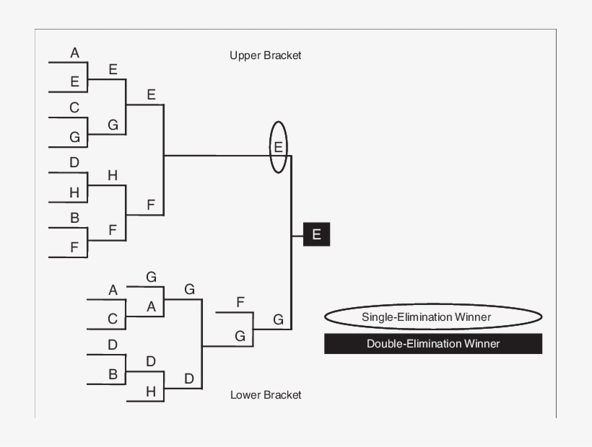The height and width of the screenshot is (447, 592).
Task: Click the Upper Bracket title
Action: click(265, 56)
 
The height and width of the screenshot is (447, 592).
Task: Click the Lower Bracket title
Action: click(266, 394)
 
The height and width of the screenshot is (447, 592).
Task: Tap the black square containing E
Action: click(316, 234)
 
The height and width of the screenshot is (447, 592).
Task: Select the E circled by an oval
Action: click(278, 147)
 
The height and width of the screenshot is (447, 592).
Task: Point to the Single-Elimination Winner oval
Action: click(432, 317)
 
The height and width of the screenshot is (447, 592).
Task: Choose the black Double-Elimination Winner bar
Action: click(432, 343)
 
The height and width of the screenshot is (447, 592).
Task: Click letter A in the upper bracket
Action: click(74, 53)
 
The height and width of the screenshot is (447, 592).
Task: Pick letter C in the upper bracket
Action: click(74, 108)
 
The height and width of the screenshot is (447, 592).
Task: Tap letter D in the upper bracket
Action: click(74, 163)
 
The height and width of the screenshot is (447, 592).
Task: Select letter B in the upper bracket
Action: click(74, 218)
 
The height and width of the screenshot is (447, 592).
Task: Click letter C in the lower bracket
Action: click(113, 318)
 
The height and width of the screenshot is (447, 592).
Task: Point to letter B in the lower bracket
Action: click(113, 374)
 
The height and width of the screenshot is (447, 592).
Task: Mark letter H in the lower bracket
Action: click(151, 391)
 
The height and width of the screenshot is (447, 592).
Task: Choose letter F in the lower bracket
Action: click(240, 302)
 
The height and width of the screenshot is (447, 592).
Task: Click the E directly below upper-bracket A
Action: click(74, 81)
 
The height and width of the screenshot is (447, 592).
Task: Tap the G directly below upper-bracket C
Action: click(74, 136)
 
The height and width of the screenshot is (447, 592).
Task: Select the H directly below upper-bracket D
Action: click(74, 192)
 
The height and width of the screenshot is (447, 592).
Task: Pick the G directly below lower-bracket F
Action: click(240, 336)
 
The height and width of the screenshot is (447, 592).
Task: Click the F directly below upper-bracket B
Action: click(74, 247)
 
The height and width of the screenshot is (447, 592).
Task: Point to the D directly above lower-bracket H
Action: click(151, 361)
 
